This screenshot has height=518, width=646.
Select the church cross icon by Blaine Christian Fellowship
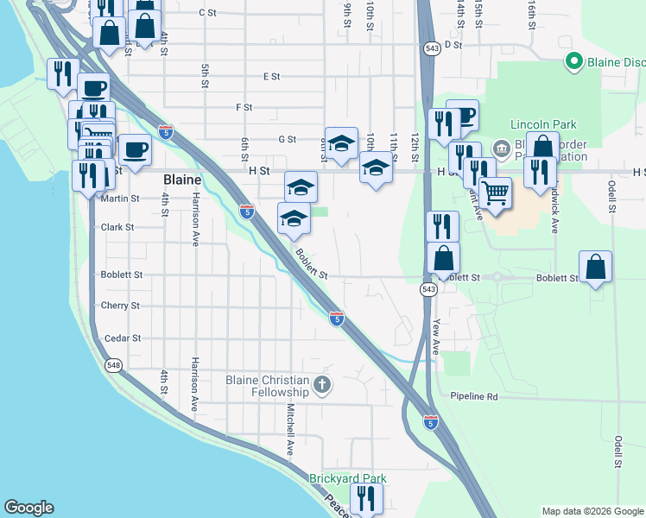click(322, 384)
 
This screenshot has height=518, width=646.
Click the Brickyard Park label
click(348, 478)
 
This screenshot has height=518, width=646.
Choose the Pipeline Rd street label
click(474, 396)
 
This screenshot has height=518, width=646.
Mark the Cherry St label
click(120, 306)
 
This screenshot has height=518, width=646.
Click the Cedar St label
click(122, 338)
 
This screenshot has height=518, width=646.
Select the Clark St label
click(117, 227)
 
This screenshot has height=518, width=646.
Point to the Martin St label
click(120, 198)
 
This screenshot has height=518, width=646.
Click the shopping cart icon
click(495, 193)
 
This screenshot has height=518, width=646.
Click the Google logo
click(28, 508)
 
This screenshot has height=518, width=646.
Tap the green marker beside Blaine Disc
click(572, 61)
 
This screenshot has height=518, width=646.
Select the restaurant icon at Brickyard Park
click(366, 498)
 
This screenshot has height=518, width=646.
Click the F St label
click(244, 107)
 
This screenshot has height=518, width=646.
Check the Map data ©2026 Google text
click(592, 511)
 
